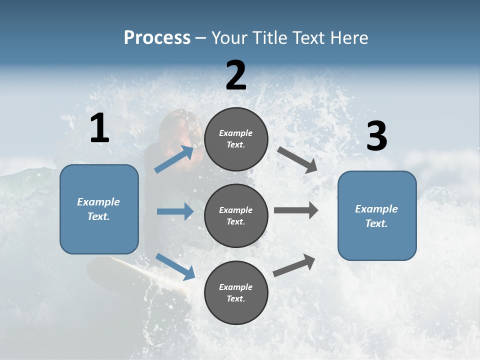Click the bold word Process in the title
[157, 38]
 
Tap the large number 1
[99, 128]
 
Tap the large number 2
[236, 75]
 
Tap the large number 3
[376, 136]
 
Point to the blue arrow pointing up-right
[174, 159]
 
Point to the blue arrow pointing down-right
[175, 267]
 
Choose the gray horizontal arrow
[296, 210]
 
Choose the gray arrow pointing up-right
[294, 265]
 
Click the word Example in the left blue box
[98, 202]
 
